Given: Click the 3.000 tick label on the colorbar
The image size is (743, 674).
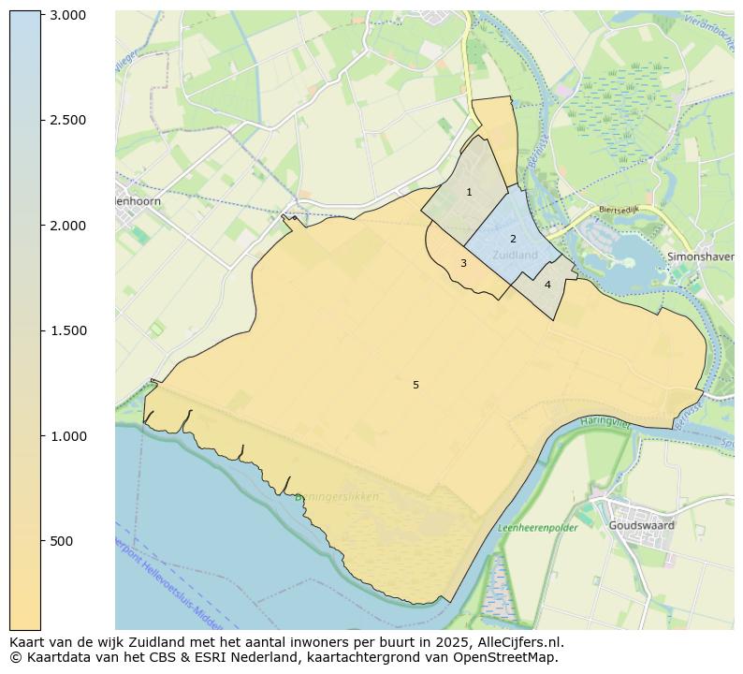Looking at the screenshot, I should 67,15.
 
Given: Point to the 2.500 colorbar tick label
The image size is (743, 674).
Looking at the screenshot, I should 67,120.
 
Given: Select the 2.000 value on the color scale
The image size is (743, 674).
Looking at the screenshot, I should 67,226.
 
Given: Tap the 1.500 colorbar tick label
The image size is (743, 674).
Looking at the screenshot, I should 67,330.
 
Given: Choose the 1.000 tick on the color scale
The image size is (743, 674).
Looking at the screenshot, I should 67,436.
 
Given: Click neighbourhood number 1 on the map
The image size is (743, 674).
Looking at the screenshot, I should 469,193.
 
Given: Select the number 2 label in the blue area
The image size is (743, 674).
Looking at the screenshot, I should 513,240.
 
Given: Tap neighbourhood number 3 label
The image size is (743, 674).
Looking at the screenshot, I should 463,264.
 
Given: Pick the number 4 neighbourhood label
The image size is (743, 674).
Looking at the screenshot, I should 547,285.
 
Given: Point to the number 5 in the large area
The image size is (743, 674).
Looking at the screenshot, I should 415,386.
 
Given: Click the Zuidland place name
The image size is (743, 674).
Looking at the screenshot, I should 515,255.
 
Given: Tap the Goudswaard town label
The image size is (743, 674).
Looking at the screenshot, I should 641,526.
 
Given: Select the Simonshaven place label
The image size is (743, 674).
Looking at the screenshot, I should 701,256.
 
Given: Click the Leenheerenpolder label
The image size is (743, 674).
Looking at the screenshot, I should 537,528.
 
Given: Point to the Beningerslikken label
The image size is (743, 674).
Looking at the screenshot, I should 337,497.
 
